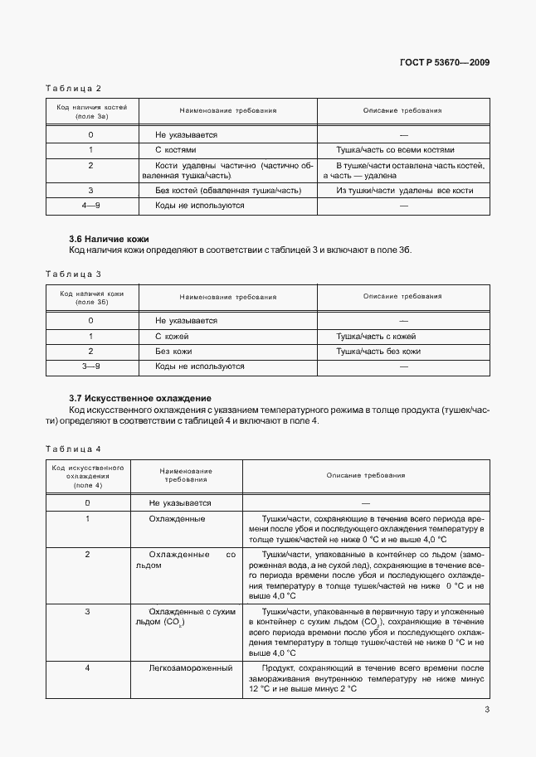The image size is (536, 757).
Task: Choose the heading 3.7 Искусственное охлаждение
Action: point(139,398)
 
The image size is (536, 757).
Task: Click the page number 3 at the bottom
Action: point(487,710)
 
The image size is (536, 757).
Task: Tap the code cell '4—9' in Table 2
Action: point(90,205)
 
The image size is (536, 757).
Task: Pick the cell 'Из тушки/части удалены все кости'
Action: point(404,191)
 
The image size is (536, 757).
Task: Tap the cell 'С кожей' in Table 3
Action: point(172,337)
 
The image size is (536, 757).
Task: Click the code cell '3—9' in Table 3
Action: point(90,366)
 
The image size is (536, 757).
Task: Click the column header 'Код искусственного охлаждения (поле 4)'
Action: point(87,476)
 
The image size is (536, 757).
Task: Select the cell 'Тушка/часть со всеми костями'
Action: point(395,150)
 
